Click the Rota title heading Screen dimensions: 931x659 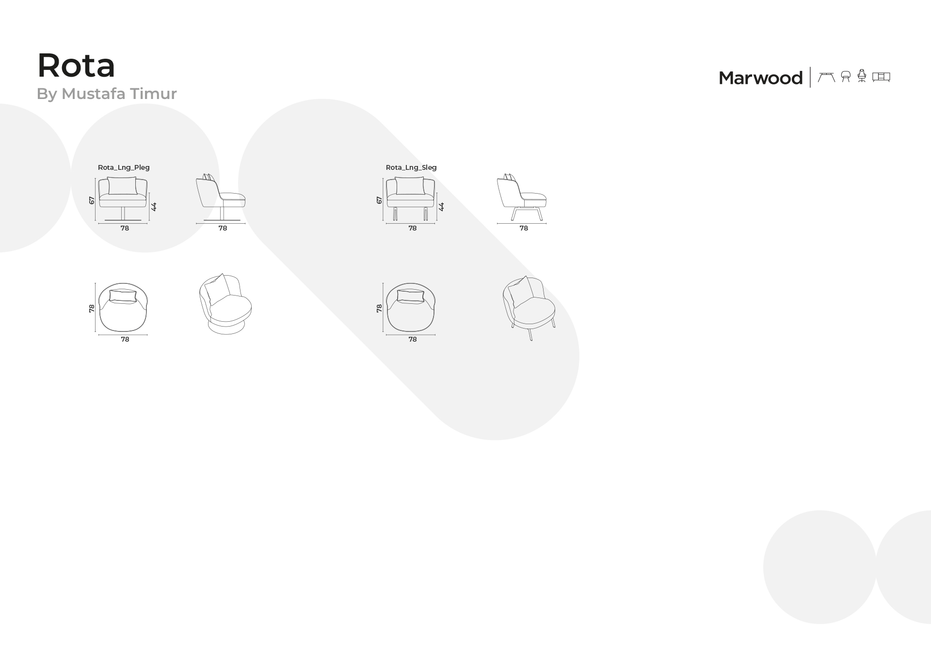[76, 66]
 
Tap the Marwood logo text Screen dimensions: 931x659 [760, 78]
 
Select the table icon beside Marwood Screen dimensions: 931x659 [826, 77]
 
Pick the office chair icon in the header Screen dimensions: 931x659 [862, 76]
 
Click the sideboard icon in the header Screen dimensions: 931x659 [881, 77]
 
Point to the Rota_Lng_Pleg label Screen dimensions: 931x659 [124, 167]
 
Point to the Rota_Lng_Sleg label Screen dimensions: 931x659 [411, 167]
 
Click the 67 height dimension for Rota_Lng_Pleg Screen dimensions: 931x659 [92, 200]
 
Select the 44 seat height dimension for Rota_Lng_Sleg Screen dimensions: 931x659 [441, 207]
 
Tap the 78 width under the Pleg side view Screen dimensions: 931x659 [223, 228]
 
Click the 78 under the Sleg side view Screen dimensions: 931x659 [524, 228]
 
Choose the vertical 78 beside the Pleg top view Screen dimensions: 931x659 [92, 308]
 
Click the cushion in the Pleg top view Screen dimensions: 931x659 [123, 297]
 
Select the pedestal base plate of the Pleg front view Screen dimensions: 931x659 [123, 220]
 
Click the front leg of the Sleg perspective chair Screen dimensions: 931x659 [530, 335]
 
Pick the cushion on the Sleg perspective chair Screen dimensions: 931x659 [521, 292]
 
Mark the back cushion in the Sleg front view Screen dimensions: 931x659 [410, 186]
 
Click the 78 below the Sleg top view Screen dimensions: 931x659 [413, 340]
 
